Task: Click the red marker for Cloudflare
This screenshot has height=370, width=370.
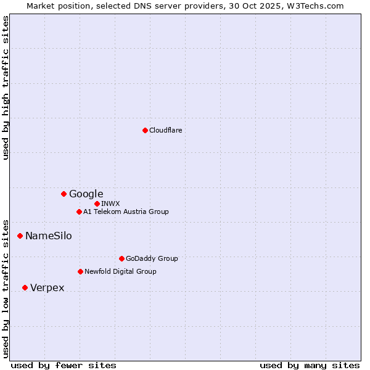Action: pos(145,130)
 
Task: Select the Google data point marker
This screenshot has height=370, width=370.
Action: pos(64,194)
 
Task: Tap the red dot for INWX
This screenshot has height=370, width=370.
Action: pos(97,203)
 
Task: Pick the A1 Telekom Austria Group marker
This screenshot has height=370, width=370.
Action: pos(79,212)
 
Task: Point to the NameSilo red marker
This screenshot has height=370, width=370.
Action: pos(20,236)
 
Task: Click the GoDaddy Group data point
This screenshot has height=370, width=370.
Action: pos(121,258)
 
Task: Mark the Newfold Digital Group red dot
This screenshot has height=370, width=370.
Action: pos(80,271)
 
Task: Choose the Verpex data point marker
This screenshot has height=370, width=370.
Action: pos(25,287)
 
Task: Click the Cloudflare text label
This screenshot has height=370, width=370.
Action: pos(166,130)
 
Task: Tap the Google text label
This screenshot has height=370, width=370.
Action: pos(86,194)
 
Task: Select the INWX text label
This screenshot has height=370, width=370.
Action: pos(110,203)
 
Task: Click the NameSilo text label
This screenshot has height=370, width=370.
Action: pos(49,236)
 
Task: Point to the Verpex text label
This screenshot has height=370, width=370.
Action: pos(47,287)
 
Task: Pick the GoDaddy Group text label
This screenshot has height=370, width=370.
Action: pos(152,258)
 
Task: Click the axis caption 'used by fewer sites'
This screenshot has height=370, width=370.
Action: pos(64,365)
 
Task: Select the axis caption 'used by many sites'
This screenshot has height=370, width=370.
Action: pos(310,365)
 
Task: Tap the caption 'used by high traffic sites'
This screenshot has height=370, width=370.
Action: pos(6,88)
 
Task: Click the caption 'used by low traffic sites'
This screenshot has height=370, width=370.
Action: pos(6,288)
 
